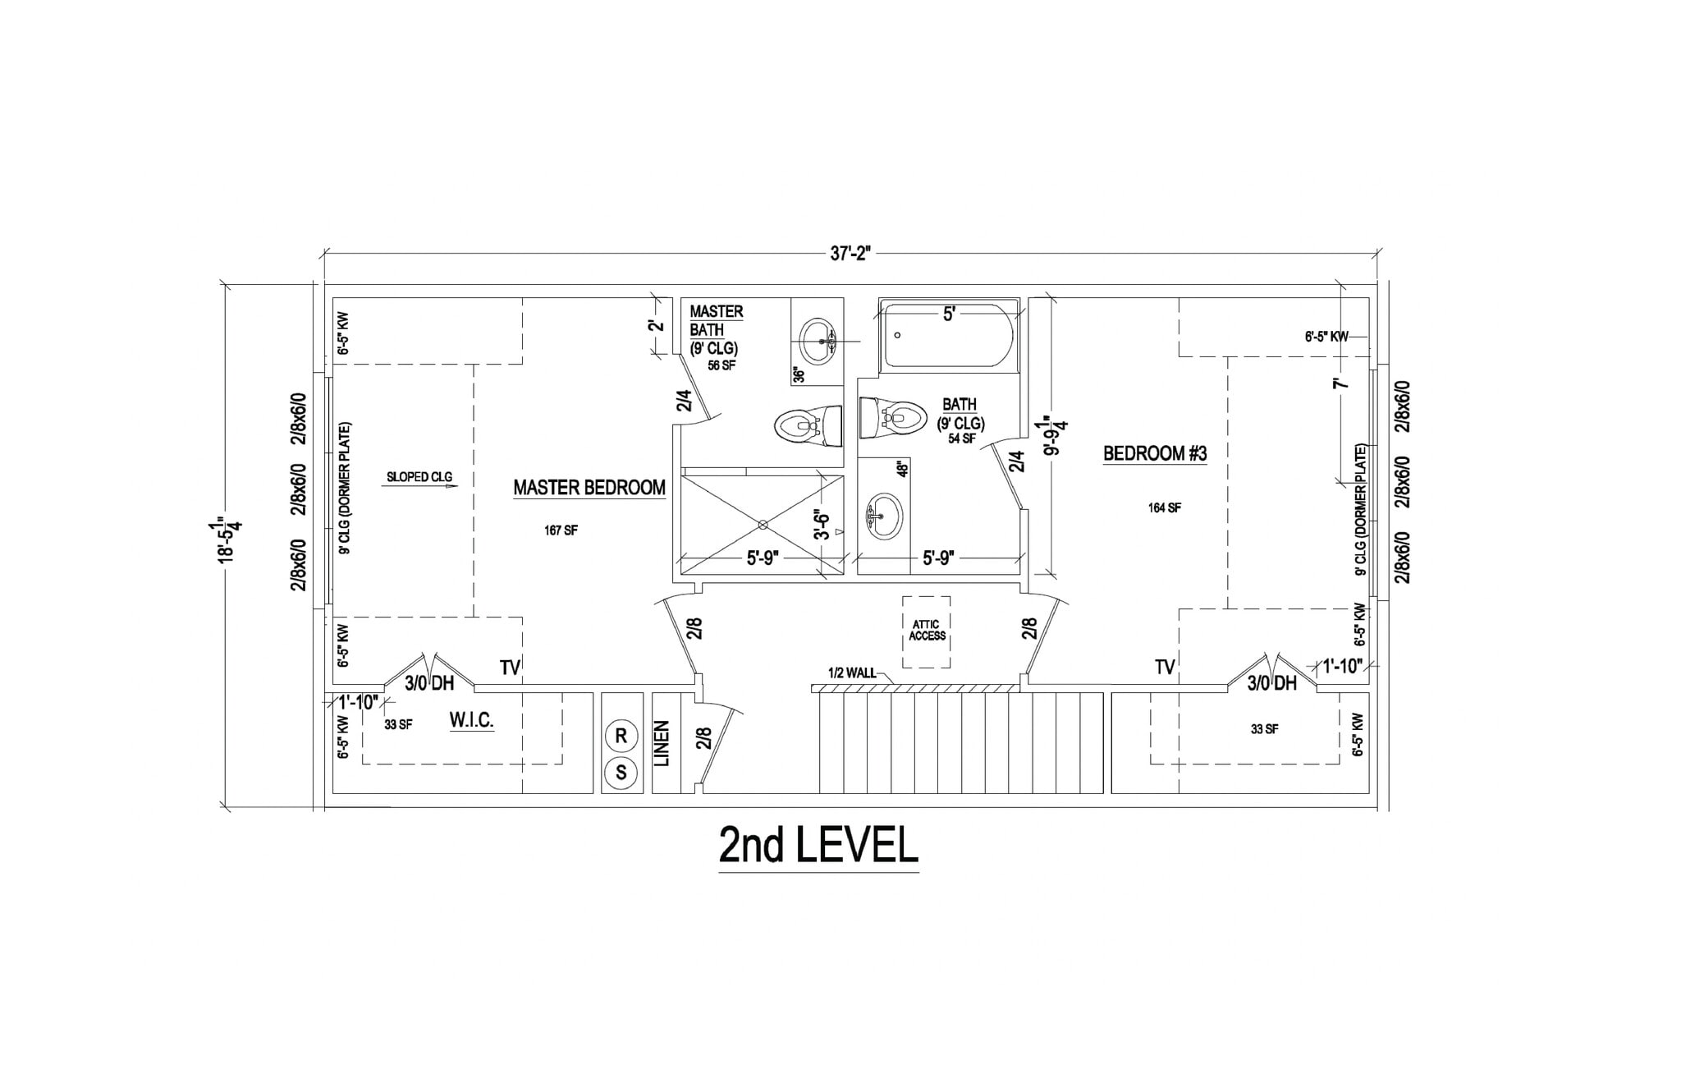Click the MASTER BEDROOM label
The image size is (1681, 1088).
pyautogui.click(x=589, y=488)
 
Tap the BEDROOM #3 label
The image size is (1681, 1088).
pyautogui.click(x=1154, y=453)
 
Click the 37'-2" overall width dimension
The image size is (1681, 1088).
pyautogui.click(x=849, y=254)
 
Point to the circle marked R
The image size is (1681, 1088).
pyautogui.click(x=621, y=737)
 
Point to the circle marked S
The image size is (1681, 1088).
pyautogui.click(x=621, y=773)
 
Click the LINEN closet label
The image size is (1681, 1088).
pyautogui.click(x=663, y=744)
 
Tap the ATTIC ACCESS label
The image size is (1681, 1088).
pyautogui.click(x=927, y=631)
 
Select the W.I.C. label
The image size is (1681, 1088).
pyautogui.click(x=471, y=721)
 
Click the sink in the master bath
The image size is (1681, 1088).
pyautogui.click(x=818, y=342)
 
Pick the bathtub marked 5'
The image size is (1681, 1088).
pyautogui.click(x=948, y=336)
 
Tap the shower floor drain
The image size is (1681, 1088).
pyautogui.click(x=763, y=524)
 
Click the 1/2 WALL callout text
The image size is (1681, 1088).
pyautogui.click(x=852, y=673)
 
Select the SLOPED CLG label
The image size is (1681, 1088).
pyautogui.click(x=419, y=477)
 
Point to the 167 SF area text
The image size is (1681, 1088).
pyautogui.click(x=561, y=530)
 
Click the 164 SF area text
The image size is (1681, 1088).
pyautogui.click(x=1164, y=508)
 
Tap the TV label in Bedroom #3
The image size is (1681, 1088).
pyautogui.click(x=1164, y=668)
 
